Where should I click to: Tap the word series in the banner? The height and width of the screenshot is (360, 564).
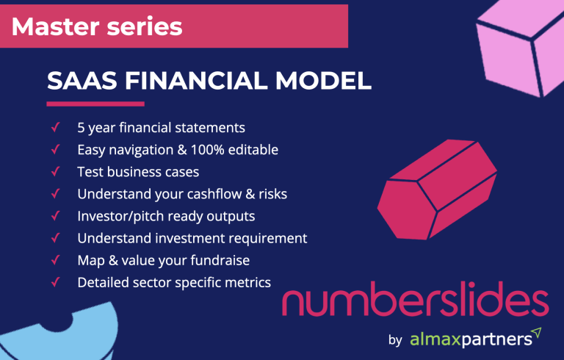tap(145, 26)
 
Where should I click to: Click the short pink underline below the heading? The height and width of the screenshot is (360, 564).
tap(95, 104)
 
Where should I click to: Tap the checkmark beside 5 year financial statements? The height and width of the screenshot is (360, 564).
tap(55, 127)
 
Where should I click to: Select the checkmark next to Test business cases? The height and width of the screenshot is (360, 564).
tap(55, 172)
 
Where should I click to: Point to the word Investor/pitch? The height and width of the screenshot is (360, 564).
tap(118, 216)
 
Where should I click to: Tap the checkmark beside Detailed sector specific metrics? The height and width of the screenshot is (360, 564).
tap(55, 282)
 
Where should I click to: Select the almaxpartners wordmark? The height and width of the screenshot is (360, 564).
tap(470, 339)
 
